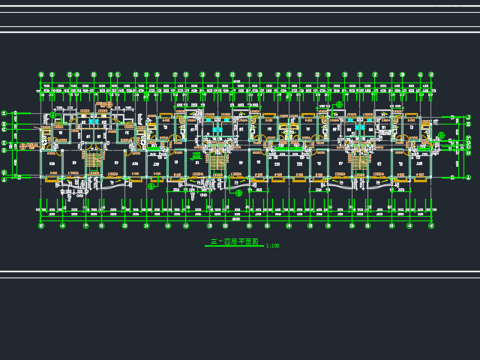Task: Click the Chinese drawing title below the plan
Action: tap(234, 242)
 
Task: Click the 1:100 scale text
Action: tap(272, 246)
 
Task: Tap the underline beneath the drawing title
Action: tap(234, 247)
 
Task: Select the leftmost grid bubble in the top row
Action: tap(41, 75)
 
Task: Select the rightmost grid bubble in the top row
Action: tap(431, 75)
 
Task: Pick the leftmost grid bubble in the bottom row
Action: tap(41, 226)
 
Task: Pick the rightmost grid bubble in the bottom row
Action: tap(431, 226)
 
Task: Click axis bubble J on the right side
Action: tap(469, 117)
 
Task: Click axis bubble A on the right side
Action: tap(469, 177)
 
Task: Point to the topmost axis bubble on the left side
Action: tap(4, 113)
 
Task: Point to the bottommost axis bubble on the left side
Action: tap(4, 180)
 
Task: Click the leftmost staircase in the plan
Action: tap(94, 158)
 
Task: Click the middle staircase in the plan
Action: tap(217, 160)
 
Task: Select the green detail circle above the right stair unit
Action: tap(339, 105)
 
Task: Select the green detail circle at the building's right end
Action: tap(441, 136)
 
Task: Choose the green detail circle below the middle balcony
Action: tap(238, 193)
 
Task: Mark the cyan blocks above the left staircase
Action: tap(93, 121)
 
